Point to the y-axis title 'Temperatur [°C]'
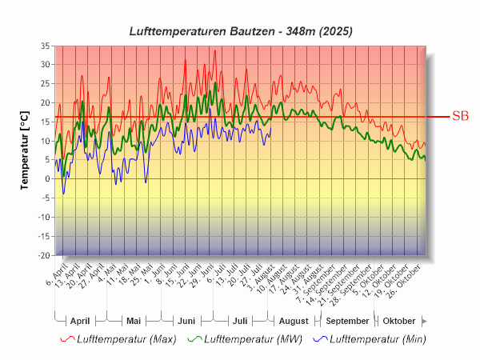[26, 150]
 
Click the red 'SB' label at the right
[460, 116]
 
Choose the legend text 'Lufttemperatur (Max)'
[126, 339]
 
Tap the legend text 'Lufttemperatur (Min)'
[377, 339]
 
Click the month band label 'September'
[347, 320]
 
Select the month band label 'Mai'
[134, 320]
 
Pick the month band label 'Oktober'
[399, 320]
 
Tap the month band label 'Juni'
[186, 320]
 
